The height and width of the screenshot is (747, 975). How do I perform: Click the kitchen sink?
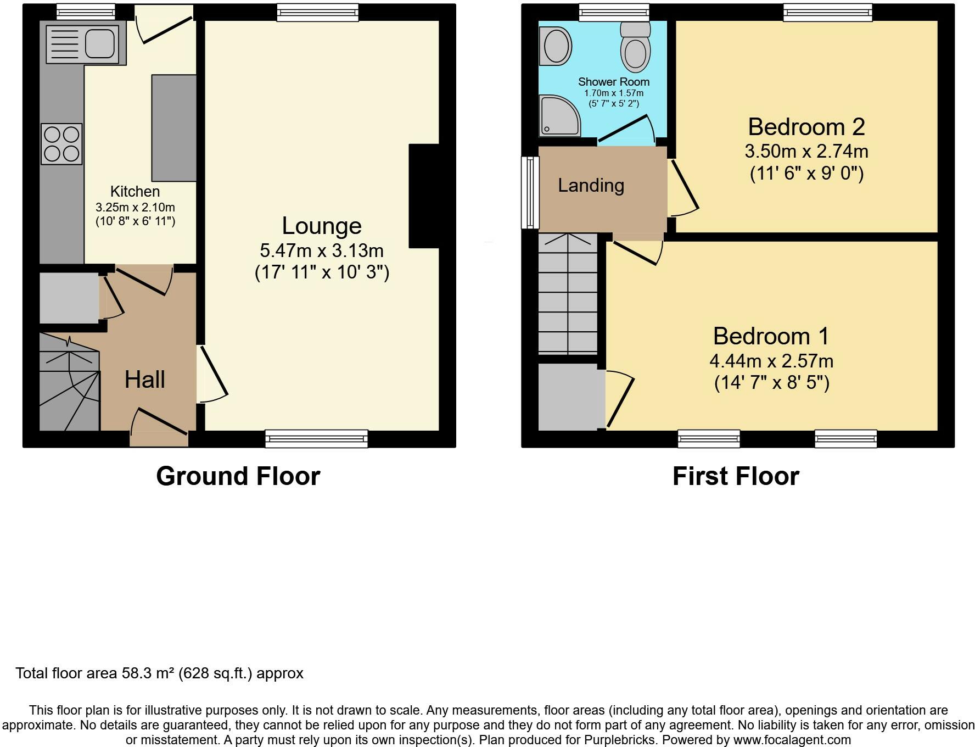click(x=86, y=44)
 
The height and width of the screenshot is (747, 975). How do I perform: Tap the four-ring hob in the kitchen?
click(x=61, y=144)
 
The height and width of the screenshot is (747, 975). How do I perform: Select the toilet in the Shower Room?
click(x=635, y=47)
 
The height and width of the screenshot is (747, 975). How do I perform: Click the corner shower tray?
click(x=559, y=116)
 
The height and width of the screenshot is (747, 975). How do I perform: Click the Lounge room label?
click(x=322, y=226)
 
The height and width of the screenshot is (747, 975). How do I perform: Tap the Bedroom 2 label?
click(x=806, y=127)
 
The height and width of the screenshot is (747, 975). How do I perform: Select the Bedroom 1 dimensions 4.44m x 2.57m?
click(x=771, y=361)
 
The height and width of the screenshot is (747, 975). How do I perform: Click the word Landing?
click(x=591, y=186)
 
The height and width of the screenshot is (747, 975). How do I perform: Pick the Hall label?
click(x=145, y=380)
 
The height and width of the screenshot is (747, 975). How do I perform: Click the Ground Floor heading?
click(x=238, y=476)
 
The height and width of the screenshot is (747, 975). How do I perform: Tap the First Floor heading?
click(x=736, y=476)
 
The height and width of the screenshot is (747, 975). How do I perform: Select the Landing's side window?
click(x=530, y=192)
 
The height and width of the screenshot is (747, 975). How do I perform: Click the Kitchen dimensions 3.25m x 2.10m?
click(x=135, y=208)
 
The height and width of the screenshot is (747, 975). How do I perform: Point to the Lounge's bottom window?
click(x=316, y=438)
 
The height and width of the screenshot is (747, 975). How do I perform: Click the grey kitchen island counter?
click(x=173, y=128)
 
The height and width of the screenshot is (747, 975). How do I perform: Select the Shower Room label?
click(x=614, y=82)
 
